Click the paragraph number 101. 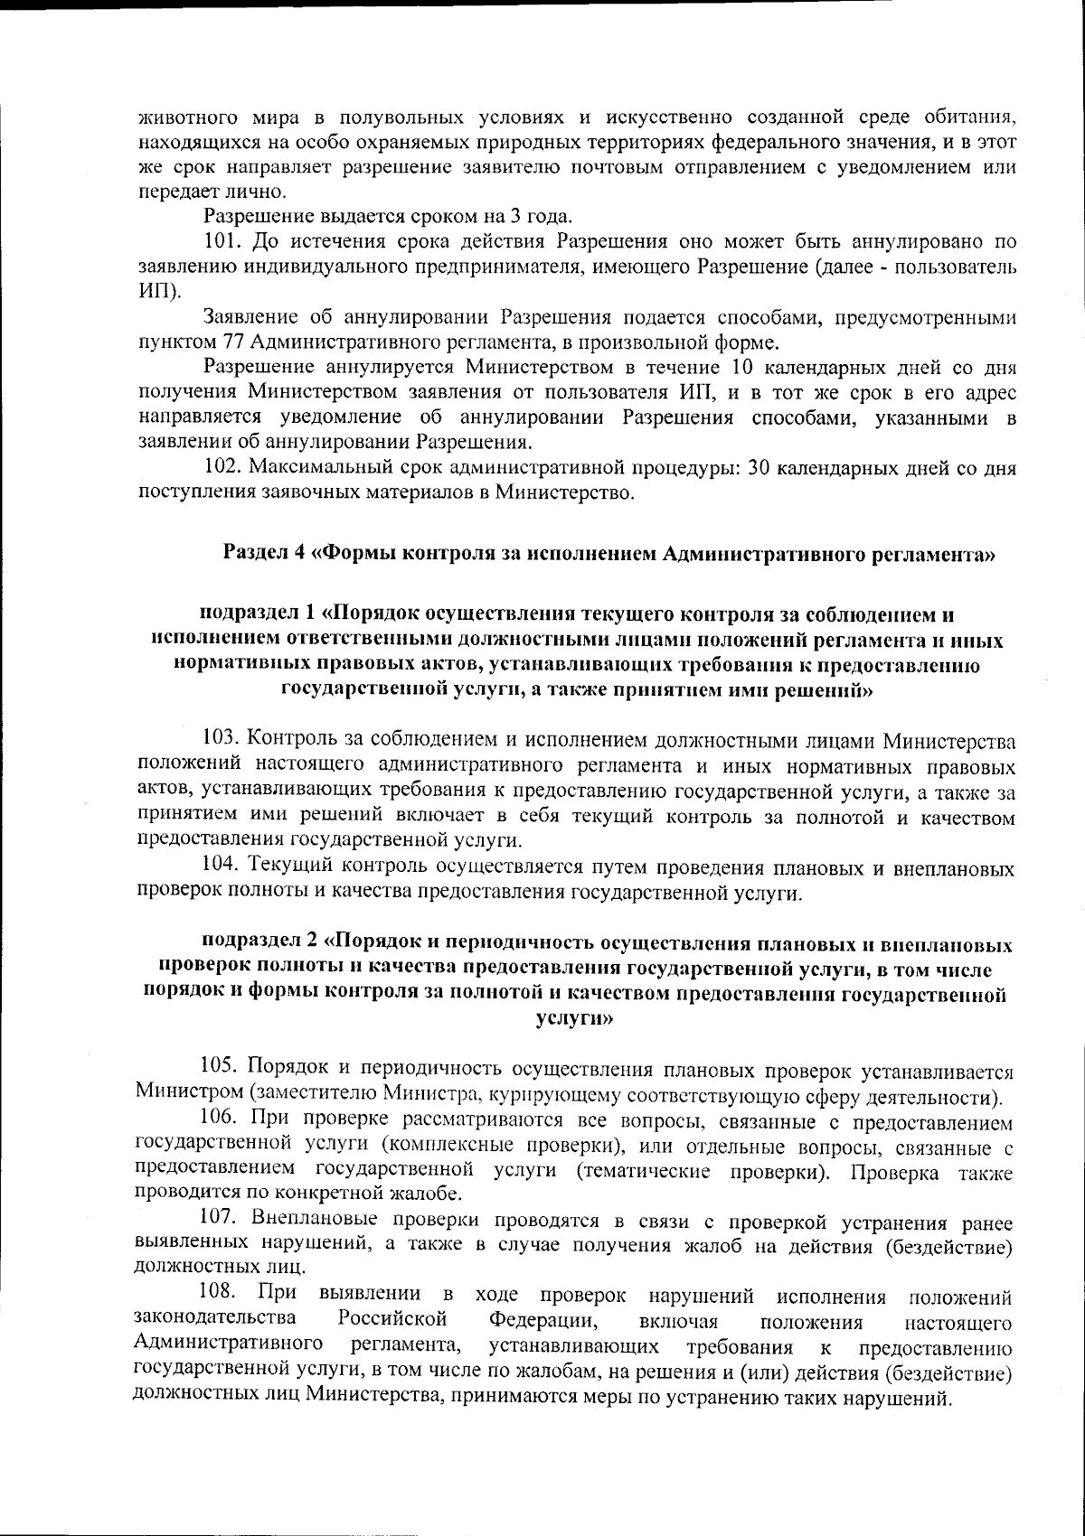(222, 242)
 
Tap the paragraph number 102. (222, 469)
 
